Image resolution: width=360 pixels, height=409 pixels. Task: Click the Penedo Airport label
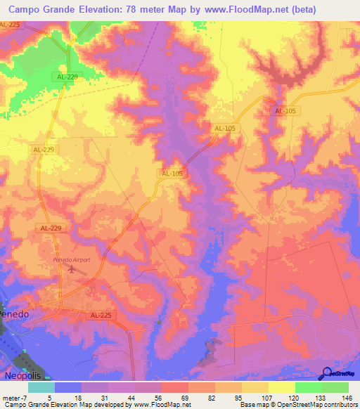72,260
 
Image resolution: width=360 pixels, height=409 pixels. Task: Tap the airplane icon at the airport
71,269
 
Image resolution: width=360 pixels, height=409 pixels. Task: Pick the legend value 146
347,397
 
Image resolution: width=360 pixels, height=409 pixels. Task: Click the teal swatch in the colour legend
41,387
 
